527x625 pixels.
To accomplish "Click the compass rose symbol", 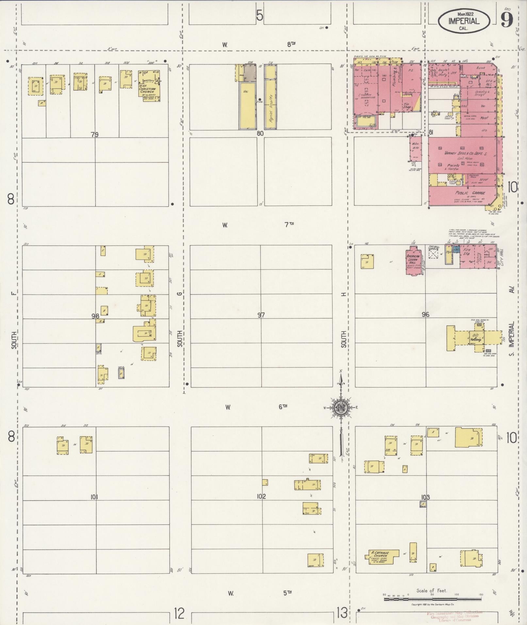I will click(340, 407).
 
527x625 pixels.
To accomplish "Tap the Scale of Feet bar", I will click(432, 599).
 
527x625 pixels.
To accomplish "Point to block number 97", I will click(261, 315).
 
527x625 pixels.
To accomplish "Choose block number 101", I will click(94, 497).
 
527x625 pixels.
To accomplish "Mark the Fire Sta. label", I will click(467, 252).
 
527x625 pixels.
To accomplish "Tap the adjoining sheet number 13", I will click(342, 613).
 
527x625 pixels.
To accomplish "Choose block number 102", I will click(261, 497).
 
